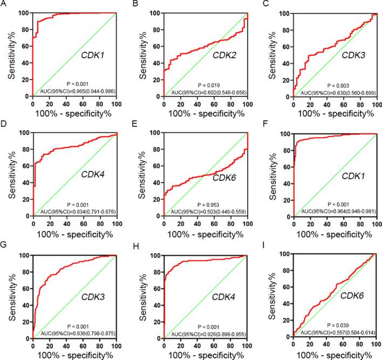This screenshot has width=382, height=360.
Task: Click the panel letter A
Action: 3,5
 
